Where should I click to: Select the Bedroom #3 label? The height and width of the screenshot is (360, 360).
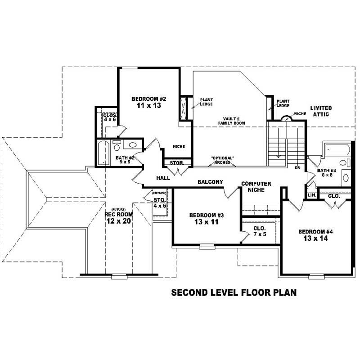[207, 215]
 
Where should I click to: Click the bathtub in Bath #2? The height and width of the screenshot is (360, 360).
[103, 153]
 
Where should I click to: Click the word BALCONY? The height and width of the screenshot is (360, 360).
[210, 182]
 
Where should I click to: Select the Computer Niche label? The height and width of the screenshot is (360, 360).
[256, 187]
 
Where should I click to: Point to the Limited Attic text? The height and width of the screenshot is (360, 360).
[321, 111]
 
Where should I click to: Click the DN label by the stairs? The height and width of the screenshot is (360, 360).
[297, 167]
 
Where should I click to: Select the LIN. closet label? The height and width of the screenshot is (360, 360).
[311, 195]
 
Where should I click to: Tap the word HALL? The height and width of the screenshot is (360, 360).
[163, 178]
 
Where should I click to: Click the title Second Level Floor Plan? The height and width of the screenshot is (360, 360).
[234, 293]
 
